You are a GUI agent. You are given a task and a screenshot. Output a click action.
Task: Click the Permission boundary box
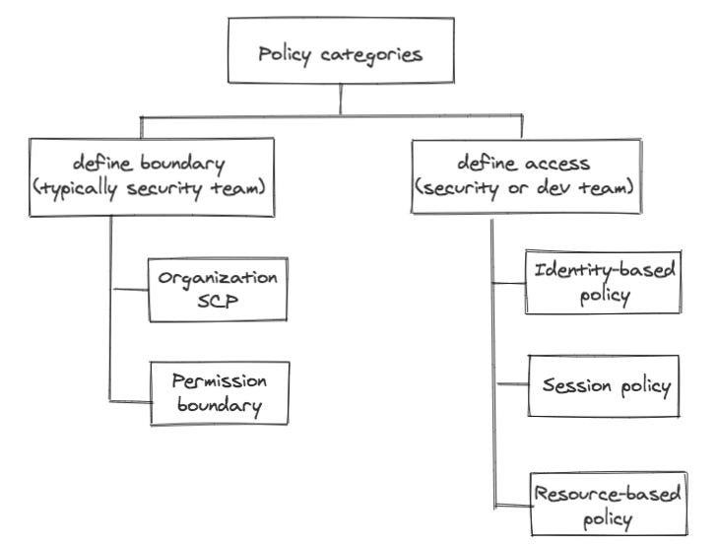click(219, 391)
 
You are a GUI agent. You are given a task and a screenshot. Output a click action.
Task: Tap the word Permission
click(220, 379)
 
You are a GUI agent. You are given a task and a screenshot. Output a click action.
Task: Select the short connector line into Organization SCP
click(129, 290)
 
